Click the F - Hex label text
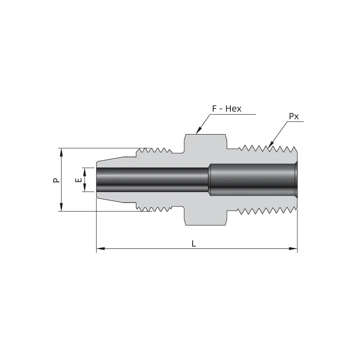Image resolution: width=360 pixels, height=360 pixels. tap(227, 109)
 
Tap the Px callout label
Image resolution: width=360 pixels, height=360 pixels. tap(294, 116)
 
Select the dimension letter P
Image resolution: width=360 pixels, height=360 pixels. tap(55, 180)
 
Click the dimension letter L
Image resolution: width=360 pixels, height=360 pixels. tap(193, 243)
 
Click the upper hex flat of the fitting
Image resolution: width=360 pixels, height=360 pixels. tap(205, 135)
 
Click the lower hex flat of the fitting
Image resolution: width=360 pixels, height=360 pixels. tap(205, 224)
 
